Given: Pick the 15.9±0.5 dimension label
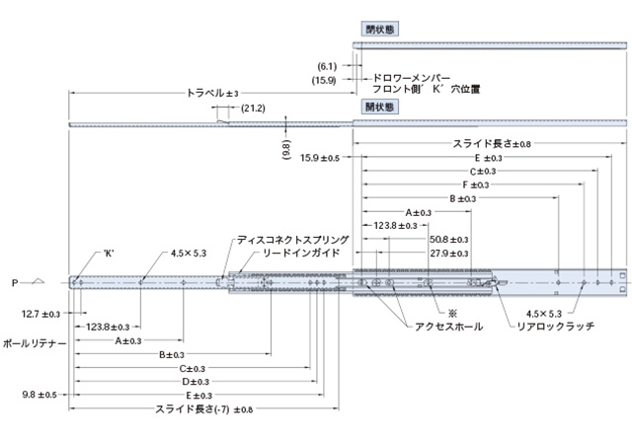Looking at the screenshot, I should pos(320,157).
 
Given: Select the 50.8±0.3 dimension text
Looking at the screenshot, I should pos(449,239).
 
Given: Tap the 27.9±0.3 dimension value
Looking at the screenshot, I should pos(449,253).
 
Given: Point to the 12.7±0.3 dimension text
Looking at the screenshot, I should pos(40,313).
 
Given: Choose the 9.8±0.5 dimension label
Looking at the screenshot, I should pos(40,395).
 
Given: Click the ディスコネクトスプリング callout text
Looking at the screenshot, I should pos(292,240).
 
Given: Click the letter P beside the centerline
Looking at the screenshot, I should pos(15,282).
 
